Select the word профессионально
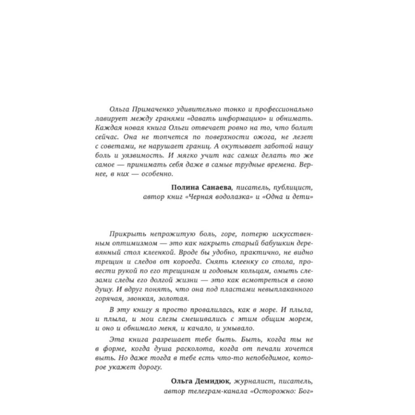pos(285,109)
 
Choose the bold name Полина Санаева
pos(201,187)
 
